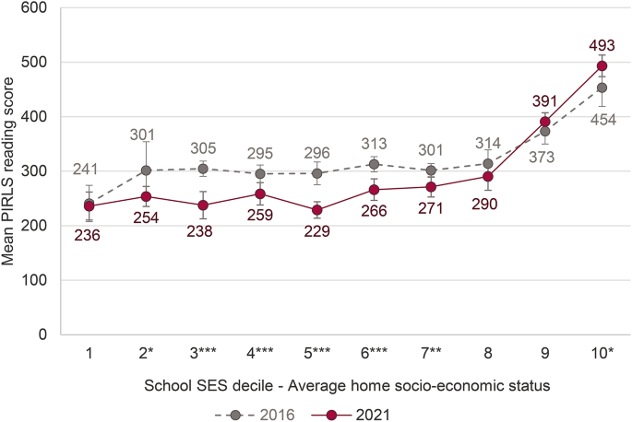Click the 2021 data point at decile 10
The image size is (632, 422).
602,66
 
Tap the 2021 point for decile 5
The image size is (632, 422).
316,209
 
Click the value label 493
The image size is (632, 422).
601,43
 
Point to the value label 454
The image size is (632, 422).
601,118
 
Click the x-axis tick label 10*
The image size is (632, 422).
602,353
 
